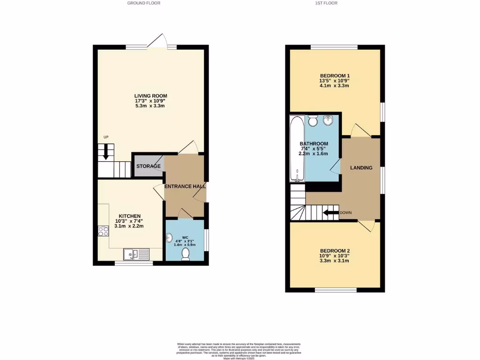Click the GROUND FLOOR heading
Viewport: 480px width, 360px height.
pyautogui.click(x=144, y=3)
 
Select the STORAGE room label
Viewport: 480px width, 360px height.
pyautogui.click(x=149, y=166)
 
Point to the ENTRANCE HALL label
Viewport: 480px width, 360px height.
pyautogui.click(x=185, y=187)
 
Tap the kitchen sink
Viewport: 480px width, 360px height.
pyautogui.click(x=136, y=254)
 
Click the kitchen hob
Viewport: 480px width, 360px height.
pyautogui.click(x=103, y=231)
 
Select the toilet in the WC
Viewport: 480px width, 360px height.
pyautogui.click(x=186, y=253)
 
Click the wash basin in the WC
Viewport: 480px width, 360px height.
pyautogui.click(x=170, y=239)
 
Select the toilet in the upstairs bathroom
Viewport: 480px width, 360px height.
pyautogui.click(x=314, y=121)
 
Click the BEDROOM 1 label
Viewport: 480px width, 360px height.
pyautogui.click(x=335, y=75)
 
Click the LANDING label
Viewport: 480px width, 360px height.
pyautogui.click(x=362, y=167)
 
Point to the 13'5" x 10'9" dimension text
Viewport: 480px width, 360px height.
pyautogui.click(x=335, y=81)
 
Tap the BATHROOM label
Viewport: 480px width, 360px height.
pyautogui.click(x=314, y=144)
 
